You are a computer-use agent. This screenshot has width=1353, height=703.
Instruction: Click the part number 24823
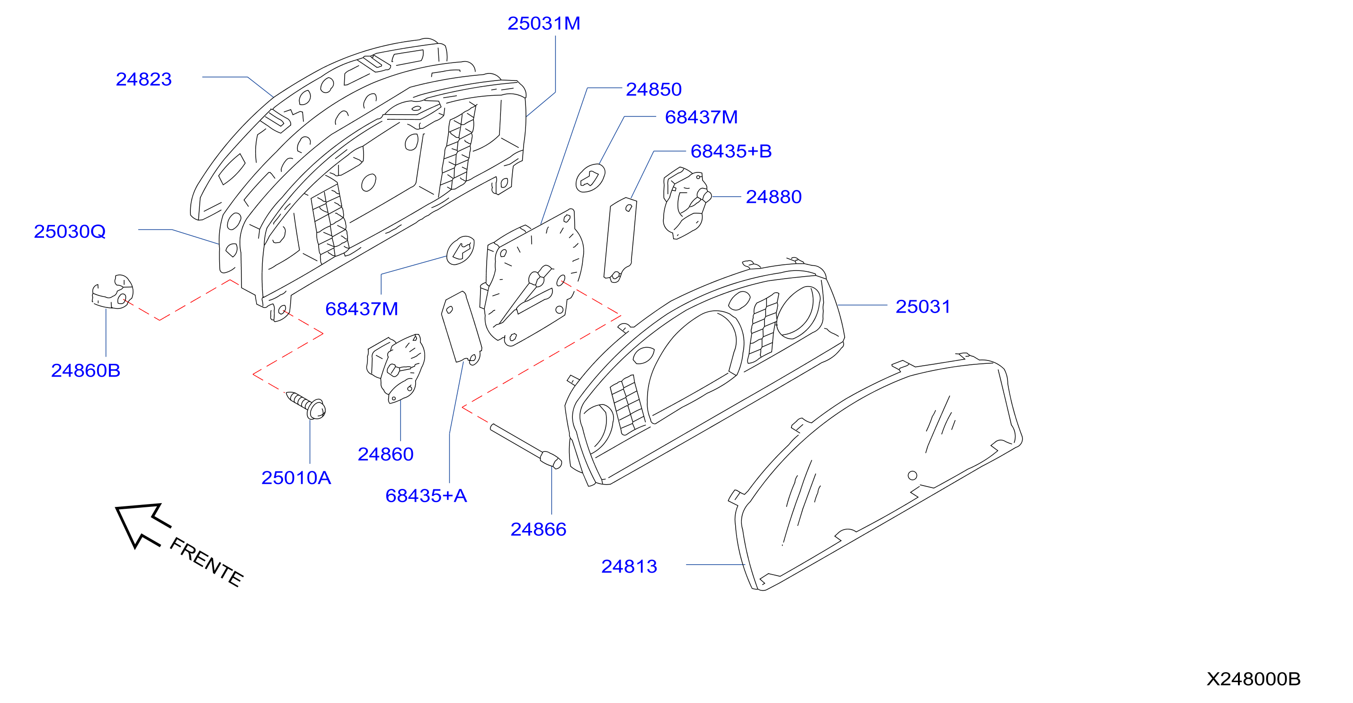143,79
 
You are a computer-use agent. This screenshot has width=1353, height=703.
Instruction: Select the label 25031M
543,23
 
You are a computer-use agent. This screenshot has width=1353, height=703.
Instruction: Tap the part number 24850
653,90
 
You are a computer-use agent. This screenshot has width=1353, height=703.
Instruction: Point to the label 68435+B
730,151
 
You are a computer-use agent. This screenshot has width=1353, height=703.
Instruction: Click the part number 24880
774,197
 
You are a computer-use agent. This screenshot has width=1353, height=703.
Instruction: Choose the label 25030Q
70,232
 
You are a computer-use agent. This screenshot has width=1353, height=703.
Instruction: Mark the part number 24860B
86,371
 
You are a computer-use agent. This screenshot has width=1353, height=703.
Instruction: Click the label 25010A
296,478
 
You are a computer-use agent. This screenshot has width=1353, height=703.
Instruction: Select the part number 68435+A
426,496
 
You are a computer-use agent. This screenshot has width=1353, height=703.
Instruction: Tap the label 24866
538,530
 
